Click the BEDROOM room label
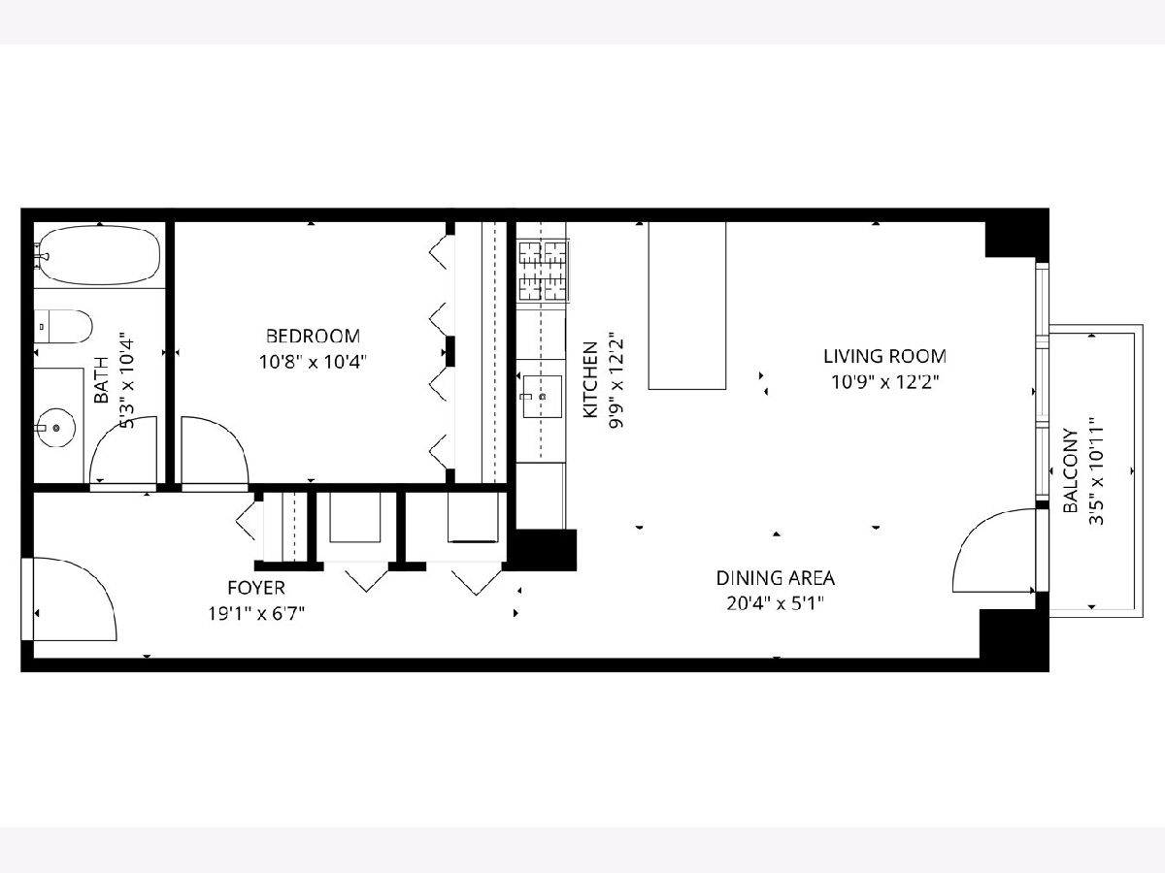coord(313,336)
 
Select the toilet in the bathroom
coord(63,327)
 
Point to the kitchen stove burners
coord(543,271)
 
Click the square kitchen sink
coord(543,397)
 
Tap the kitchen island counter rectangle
coord(686,306)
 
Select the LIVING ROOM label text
coord(884,356)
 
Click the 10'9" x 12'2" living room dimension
coord(884,382)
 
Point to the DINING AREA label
coord(776,578)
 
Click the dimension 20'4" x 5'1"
coord(776,603)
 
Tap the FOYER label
coord(256,588)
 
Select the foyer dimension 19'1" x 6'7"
coord(256,614)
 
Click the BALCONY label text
coord(1071,470)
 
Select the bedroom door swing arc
coord(229,437)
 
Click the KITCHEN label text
coord(590,379)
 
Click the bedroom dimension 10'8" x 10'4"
coord(313,362)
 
